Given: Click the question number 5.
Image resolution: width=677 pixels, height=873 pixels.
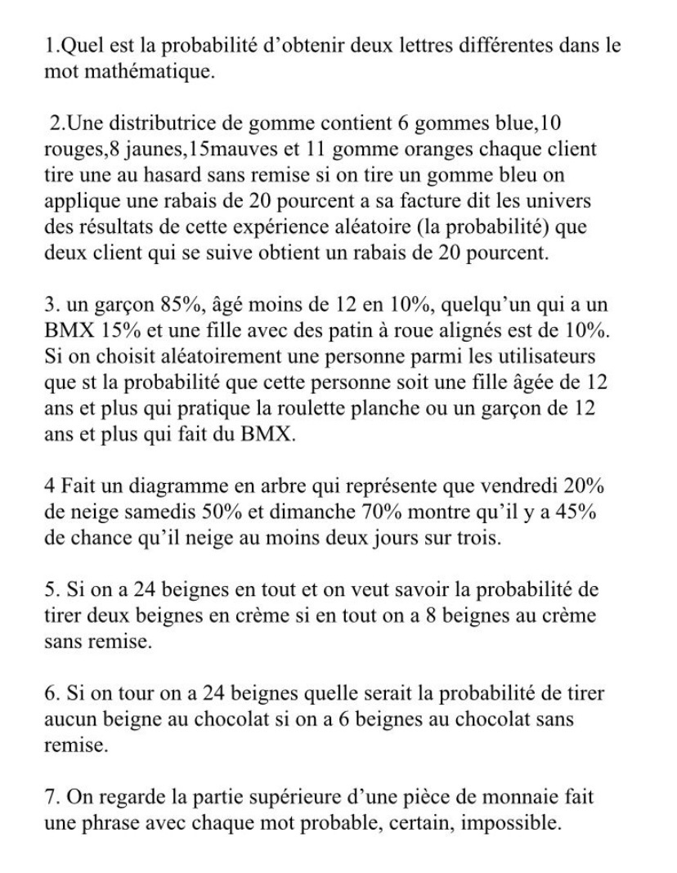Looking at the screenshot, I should pos(50,593).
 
